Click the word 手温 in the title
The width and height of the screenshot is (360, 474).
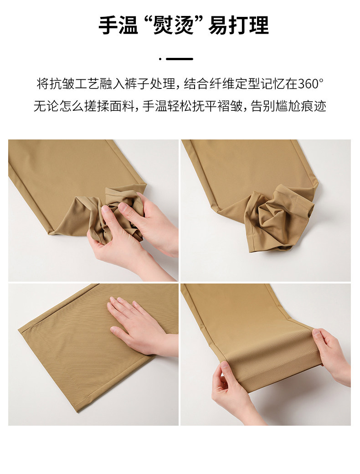click(x=118, y=26)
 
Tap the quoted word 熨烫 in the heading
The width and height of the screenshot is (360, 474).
click(x=174, y=26)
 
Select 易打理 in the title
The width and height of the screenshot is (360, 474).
click(x=238, y=26)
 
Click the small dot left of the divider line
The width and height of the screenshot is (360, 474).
click(x=160, y=59)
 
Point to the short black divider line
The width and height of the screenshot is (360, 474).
click(x=180, y=59)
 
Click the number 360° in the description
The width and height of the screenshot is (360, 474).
click(x=311, y=84)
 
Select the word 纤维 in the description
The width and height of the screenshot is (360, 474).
click(x=222, y=84)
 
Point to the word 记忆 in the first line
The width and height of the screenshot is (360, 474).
click(x=273, y=84)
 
